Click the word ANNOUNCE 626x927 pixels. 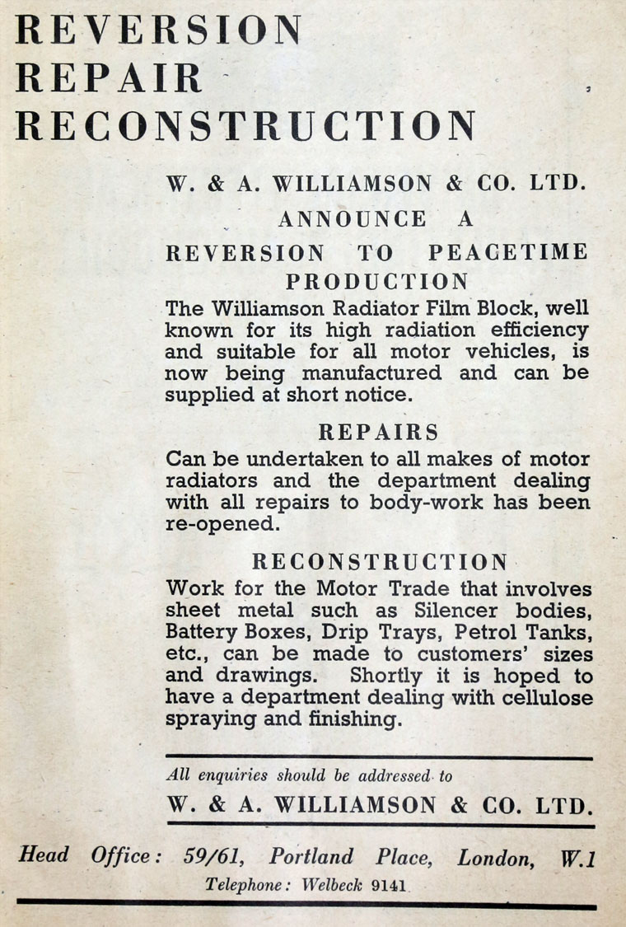(x=353, y=219)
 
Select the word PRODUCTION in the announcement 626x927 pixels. (x=377, y=282)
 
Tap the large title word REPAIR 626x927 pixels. (x=109, y=78)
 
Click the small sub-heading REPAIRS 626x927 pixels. (x=378, y=432)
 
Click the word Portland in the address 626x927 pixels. (x=311, y=857)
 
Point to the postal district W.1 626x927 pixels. (x=577, y=859)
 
